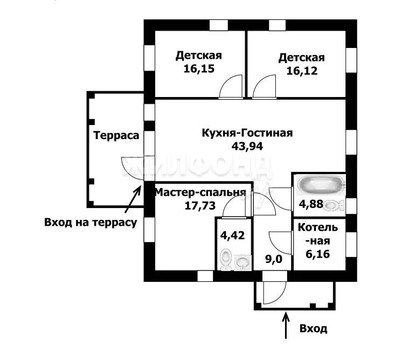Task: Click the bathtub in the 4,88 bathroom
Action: tap(318, 186)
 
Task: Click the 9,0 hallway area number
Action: tap(272, 259)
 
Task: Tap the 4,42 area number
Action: tap(231, 236)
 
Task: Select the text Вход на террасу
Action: tap(90, 221)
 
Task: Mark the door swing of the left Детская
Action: tap(230, 86)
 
